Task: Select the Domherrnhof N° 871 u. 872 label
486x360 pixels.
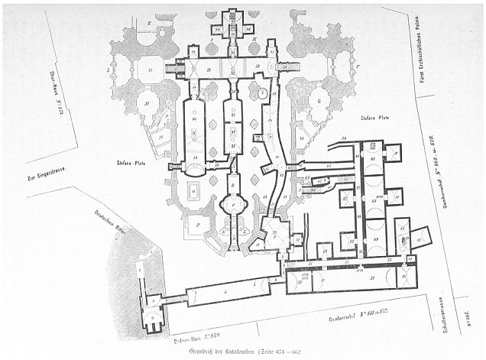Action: coord(343,314)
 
